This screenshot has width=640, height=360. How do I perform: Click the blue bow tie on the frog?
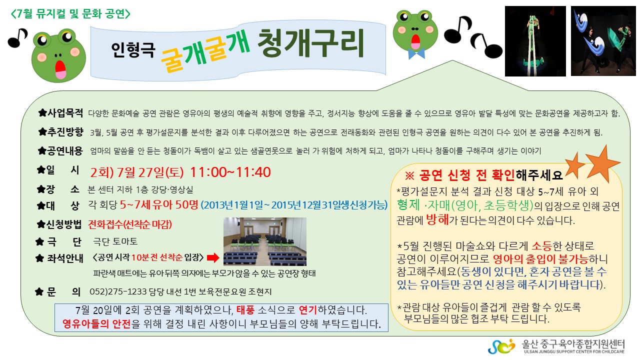point(416,53)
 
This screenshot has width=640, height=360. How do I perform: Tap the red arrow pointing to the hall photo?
point(213,258)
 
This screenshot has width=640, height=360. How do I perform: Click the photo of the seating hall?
point(265,241)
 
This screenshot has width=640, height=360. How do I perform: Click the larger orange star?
point(602,163)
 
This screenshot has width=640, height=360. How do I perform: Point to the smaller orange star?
point(574,165)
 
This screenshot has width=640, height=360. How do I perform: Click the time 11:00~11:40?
point(230,172)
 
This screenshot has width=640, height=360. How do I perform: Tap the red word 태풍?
point(245,310)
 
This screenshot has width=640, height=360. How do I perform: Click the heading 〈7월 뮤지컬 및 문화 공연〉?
point(70,13)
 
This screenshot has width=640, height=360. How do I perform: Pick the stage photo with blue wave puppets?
point(603,41)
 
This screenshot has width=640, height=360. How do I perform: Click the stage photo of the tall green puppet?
point(535,41)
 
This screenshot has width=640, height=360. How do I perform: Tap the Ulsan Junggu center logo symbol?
point(501,346)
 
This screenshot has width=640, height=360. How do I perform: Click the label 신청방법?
point(64,224)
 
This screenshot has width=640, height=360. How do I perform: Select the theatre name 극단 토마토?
point(115,241)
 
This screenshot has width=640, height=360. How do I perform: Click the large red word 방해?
point(437,220)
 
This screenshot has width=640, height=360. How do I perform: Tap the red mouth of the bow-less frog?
point(60,69)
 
